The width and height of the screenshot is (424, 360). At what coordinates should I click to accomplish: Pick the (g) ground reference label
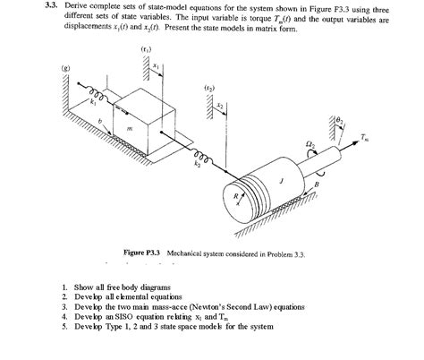coord(64,68)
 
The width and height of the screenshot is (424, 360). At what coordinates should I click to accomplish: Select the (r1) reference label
coord(145,47)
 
